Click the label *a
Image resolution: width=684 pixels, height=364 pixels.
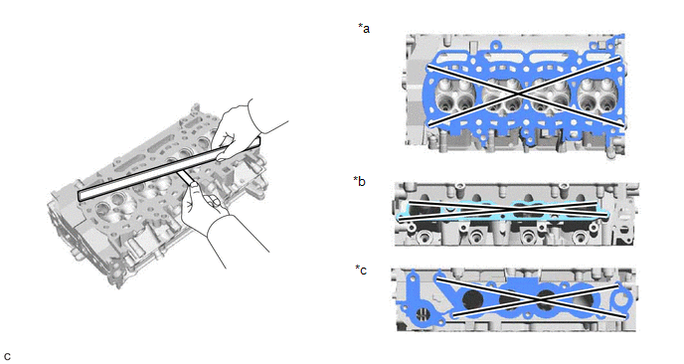tap(364, 29)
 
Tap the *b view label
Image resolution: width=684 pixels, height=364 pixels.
tap(360, 181)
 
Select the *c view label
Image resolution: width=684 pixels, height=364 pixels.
tap(361, 271)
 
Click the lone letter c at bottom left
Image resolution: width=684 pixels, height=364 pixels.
tap(7, 356)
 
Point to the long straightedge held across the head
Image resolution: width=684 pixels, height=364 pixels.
tap(169, 169)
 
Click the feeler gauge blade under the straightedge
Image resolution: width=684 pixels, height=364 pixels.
tap(185, 177)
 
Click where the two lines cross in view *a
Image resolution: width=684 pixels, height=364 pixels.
tap(519, 93)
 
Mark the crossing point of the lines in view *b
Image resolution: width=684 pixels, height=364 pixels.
tap(506, 210)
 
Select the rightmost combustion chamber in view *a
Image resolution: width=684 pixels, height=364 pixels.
tap(598, 97)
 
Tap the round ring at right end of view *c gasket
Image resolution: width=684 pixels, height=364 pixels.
tap(620, 300)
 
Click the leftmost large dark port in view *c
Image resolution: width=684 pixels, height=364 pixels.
tap(473, 300)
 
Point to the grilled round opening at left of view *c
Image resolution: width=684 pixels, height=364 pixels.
tap(422, 314)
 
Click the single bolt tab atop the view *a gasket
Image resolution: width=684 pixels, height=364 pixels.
tap(496, 46)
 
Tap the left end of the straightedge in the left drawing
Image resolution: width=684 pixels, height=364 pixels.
tap(79, 197)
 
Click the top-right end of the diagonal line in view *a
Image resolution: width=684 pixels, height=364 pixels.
tap(620, 57)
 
